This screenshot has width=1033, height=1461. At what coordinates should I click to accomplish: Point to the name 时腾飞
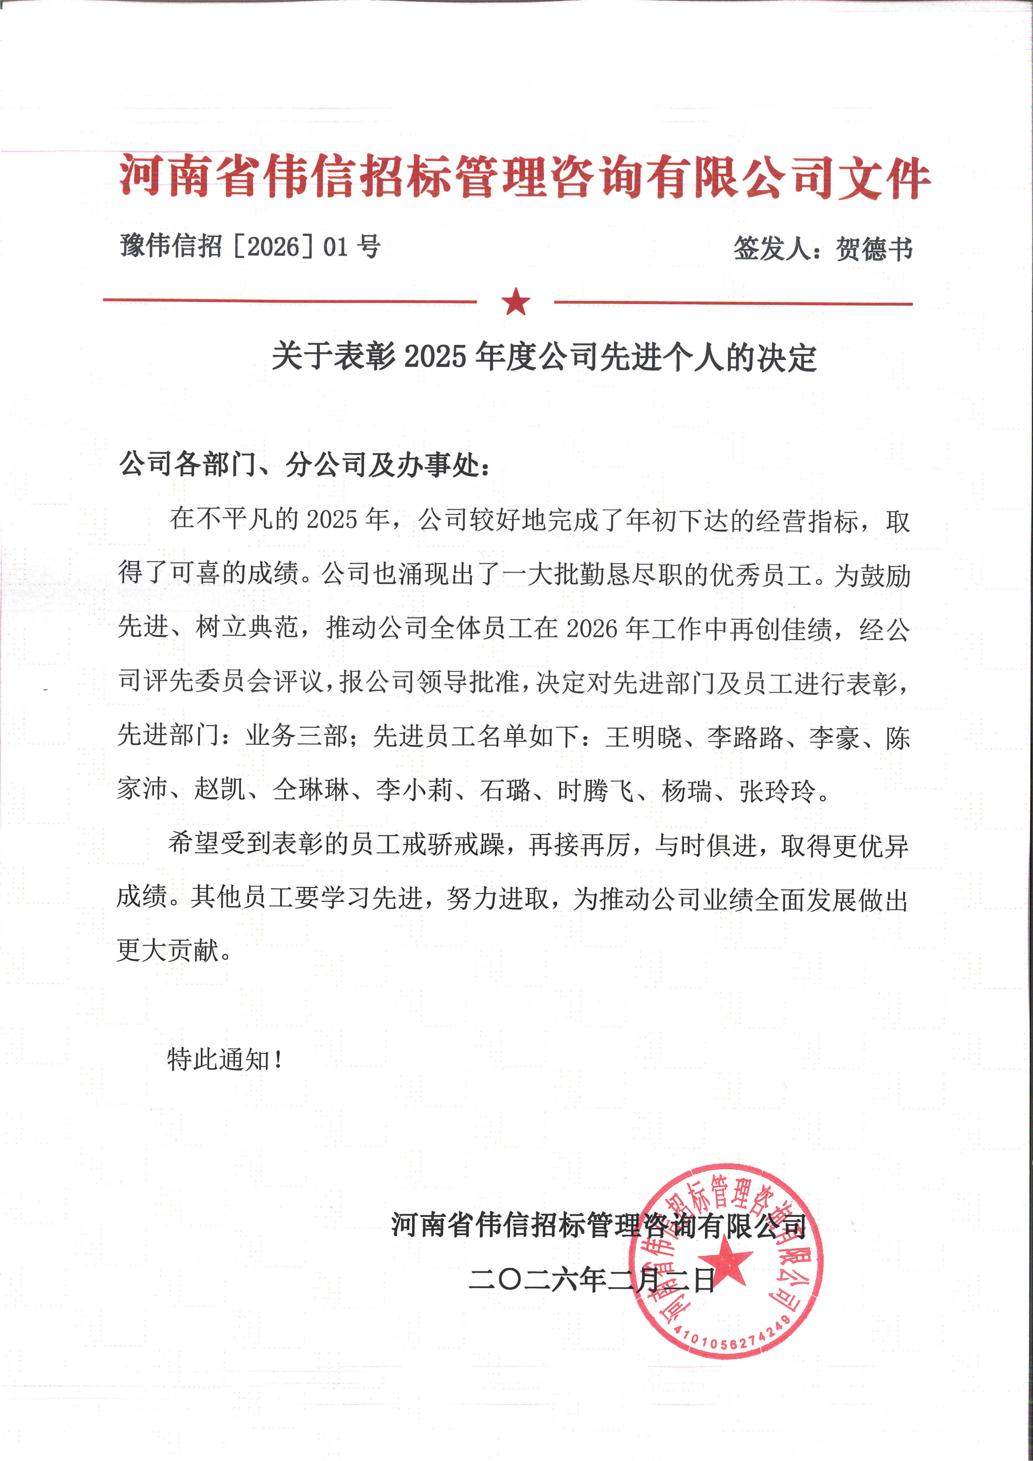pos(595,791)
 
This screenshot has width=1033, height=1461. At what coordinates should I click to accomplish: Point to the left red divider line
pos(289,300)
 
